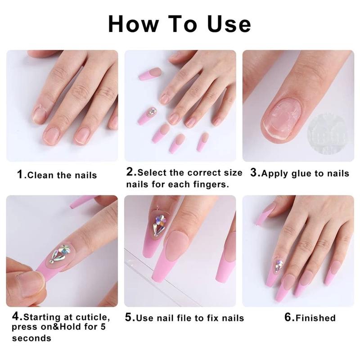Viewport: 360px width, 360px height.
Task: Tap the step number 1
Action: click(x=20, y=174)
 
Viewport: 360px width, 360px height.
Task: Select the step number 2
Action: click(x=131, y=172)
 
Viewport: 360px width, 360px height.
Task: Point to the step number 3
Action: click(x=254, y=172)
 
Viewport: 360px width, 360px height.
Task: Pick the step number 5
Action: click(x=129, y=318)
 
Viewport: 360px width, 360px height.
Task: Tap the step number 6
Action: click(x=288, y=317)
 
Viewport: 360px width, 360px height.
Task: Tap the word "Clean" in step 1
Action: click(x=41, y=175)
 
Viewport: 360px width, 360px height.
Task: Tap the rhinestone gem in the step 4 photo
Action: click(x=60, y=253)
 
